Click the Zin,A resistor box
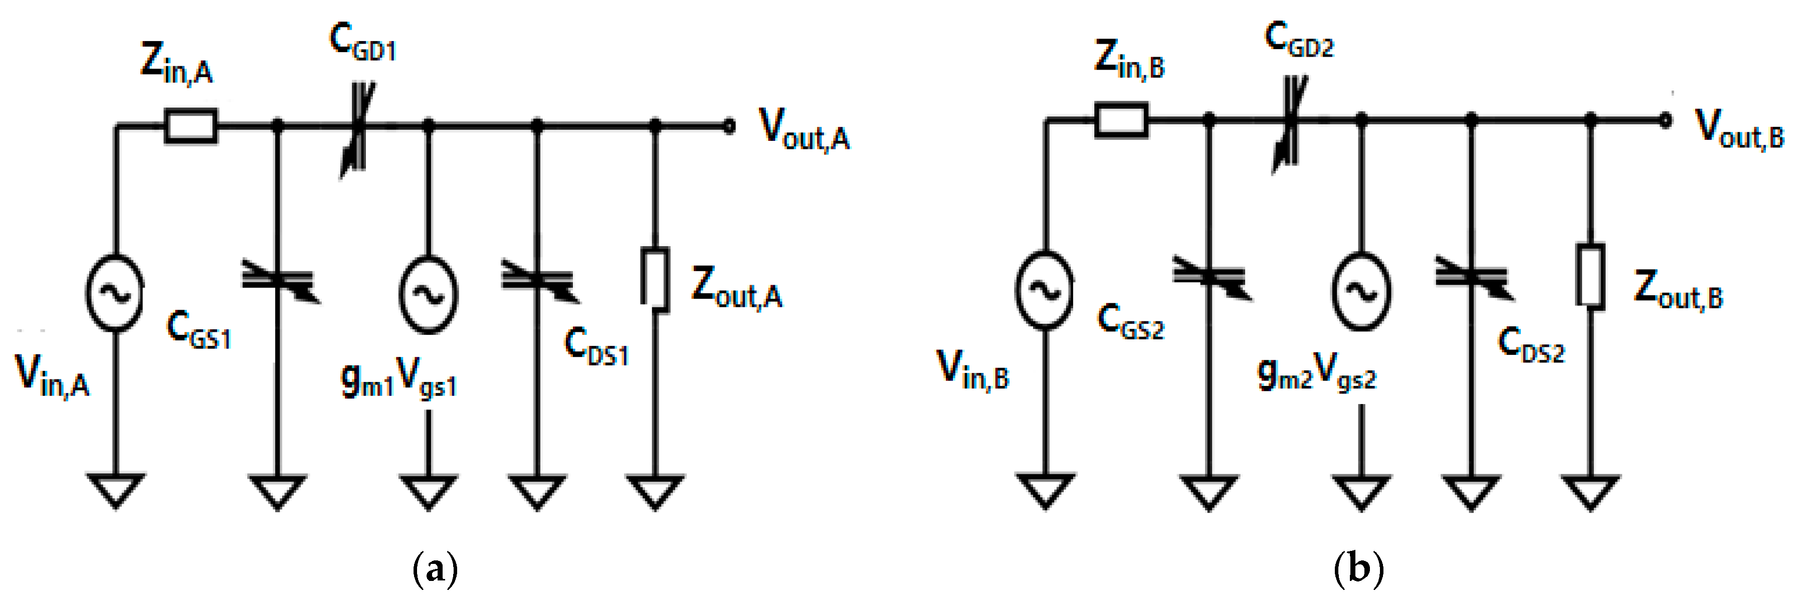click(190, 126)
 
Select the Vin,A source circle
click(115, 293)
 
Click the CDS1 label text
click(596, 346)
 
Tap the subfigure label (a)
click(435, 569)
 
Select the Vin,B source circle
click(1045, 290)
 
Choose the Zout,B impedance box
click(1590, 275)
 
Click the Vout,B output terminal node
click(1666, 120)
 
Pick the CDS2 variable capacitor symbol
click(1472, 277)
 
